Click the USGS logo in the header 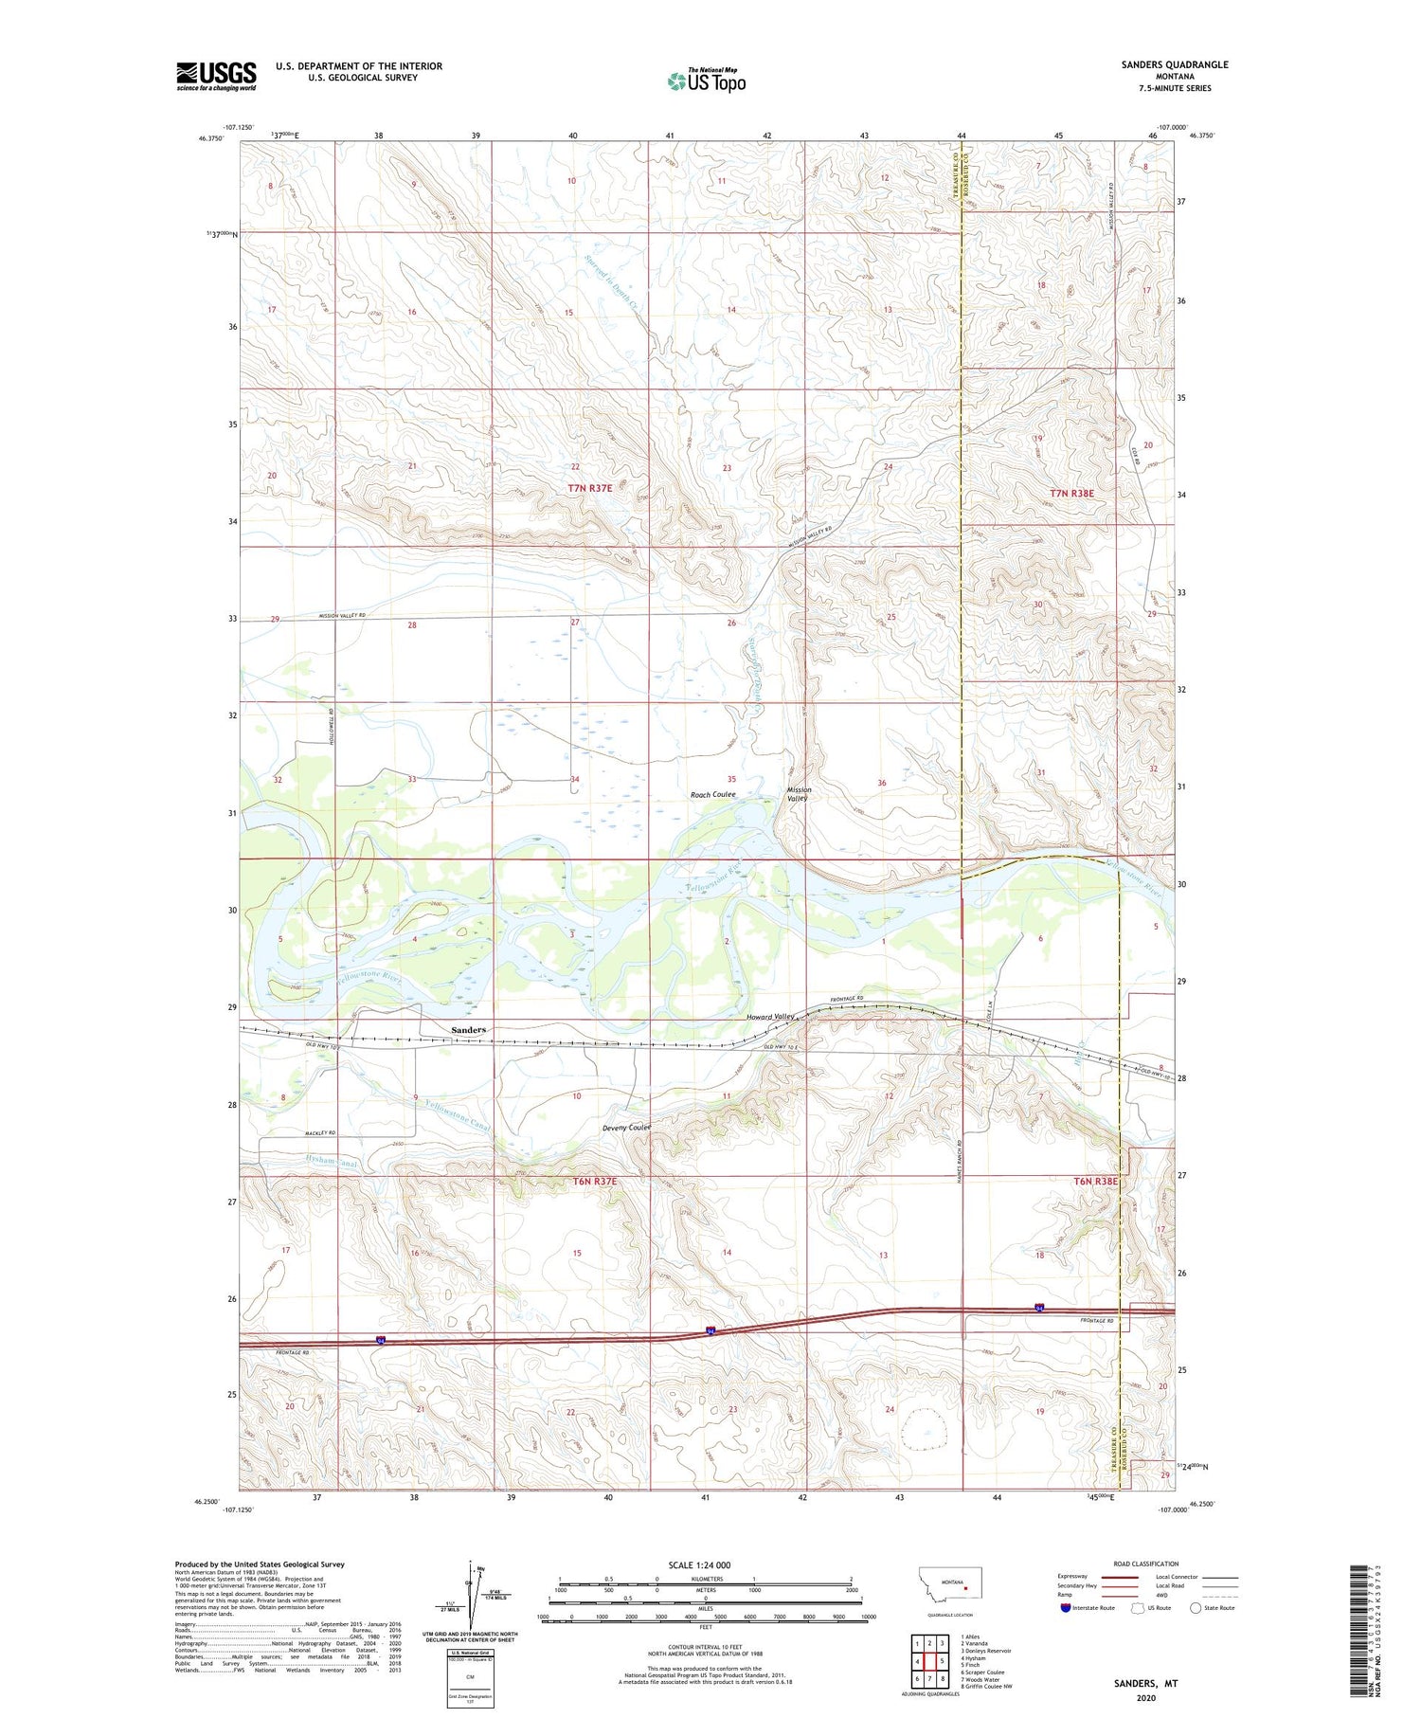(216, 76)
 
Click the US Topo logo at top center (706, 81)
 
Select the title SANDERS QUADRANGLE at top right (1175, 64)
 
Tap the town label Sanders (468, 1029)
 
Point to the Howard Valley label (770, 1017)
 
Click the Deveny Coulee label (627, 1128)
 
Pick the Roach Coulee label (712, 794)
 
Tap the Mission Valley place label (799, 794)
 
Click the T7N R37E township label (590, 488)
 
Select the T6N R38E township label (1095, 1182)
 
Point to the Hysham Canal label (318, 1162)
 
